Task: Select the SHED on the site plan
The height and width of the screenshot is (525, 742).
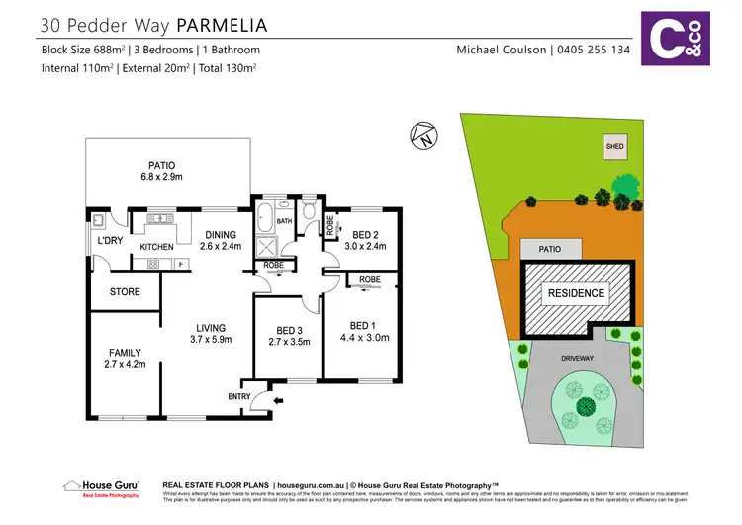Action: point(614,147)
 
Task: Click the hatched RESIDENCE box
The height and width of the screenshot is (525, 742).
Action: point(577,293)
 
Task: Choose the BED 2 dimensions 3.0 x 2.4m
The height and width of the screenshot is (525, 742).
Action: point(368,246)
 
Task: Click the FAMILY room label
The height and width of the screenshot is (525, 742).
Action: point(124,352)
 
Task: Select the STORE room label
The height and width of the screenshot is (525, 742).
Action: point(124,292)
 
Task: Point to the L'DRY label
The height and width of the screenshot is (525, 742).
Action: point(108,241)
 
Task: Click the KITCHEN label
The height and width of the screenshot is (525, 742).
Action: point(156,247)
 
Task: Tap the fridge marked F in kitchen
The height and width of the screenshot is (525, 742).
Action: point(180,264)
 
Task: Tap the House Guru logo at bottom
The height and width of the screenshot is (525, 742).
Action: point(101,486)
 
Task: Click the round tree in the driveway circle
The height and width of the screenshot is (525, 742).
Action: point(585,405)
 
